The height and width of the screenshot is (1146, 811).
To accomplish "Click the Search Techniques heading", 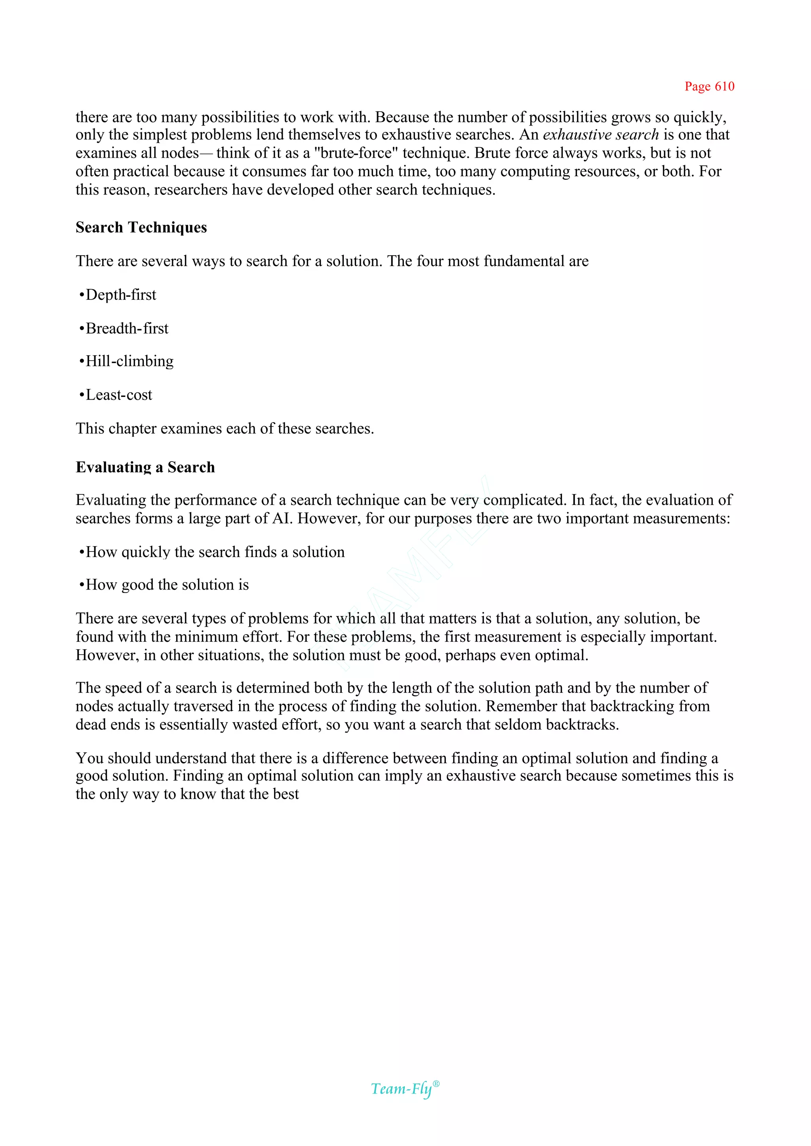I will (141, 227).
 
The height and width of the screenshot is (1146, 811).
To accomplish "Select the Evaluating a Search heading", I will (145, 467).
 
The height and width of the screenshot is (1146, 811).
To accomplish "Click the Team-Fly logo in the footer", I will (404, 1089).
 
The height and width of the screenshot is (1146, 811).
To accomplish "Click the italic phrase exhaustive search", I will (601, 135).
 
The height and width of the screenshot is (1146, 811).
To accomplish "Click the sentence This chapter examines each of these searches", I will (225, 429).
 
